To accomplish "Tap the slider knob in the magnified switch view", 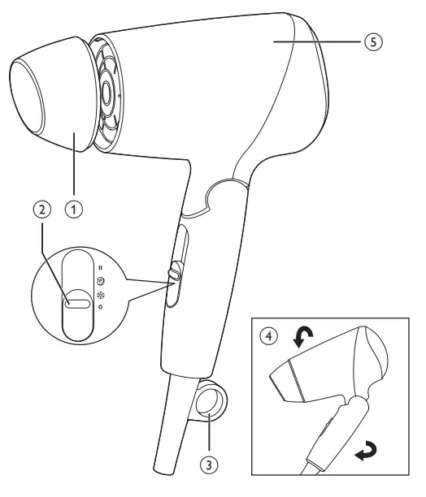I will (x=79, y=302).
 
